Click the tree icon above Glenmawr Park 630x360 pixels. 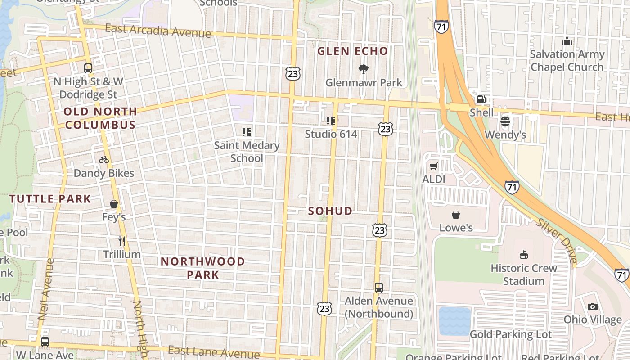coord(363,69)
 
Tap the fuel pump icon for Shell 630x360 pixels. coord(481,99)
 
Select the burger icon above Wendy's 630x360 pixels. coord(505,121)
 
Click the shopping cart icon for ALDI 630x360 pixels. coord(433,166)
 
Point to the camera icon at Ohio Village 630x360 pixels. coord(593,306)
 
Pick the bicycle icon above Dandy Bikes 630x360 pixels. coord(104,160)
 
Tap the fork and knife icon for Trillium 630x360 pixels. coord(121,241)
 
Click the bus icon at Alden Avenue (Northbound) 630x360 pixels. coord(379,287)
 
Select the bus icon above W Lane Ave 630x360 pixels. coord(45,342)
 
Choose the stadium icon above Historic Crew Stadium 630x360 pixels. coord(523,255)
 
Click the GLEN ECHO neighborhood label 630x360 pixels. coord(352,51)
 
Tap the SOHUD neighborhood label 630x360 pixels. coord(330,211)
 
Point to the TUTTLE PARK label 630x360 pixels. coord(50,198)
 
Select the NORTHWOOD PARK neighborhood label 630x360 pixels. coord(202,268)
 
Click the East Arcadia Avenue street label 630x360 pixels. coord(157,31)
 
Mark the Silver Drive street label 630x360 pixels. coord(557,241)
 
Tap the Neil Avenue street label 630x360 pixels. coord(45,289)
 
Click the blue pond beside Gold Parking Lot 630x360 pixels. coord(454,321)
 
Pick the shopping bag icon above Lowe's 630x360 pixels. coord(456,215)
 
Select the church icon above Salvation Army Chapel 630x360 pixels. coord(567,41)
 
